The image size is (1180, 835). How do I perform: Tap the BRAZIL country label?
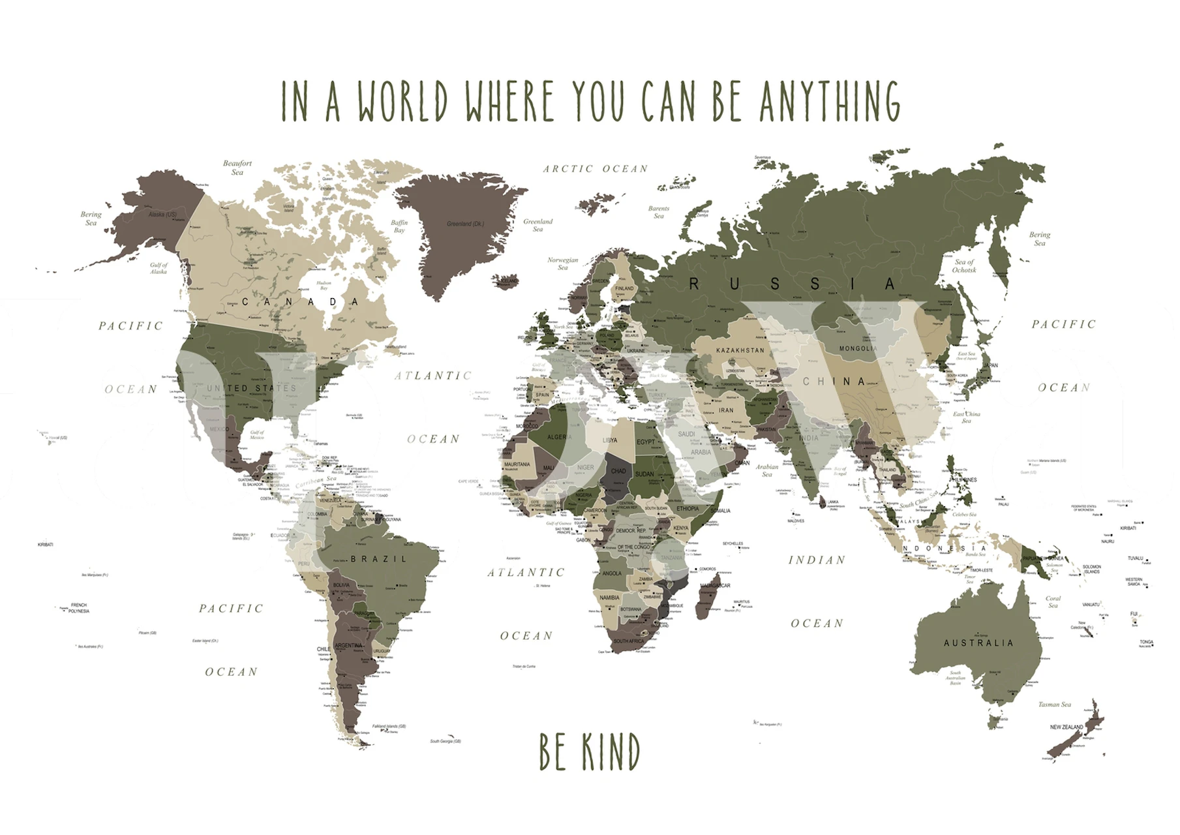[x=379, y=559]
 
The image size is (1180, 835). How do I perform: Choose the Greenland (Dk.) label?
[x=465, y=224]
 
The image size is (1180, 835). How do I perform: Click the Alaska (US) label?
[x=162, y=215]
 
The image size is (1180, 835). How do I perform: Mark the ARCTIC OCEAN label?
[x=596, y=169]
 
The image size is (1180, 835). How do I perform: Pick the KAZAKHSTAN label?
[x=740, y=350]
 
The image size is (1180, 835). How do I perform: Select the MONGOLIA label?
[x=858, y=348]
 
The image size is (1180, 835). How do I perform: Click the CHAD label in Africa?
[x=618, y=471]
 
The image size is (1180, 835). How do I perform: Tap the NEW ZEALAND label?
[x=1067, y=727]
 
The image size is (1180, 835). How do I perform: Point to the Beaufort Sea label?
[x=237, y=168]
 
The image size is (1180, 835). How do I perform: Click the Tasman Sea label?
[x=1055, y=705]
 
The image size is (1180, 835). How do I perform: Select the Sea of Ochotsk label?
[x=964, y=266]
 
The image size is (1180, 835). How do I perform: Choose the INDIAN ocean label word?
[x=817, y=560]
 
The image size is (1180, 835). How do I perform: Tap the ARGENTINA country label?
[x=348, y=646]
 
